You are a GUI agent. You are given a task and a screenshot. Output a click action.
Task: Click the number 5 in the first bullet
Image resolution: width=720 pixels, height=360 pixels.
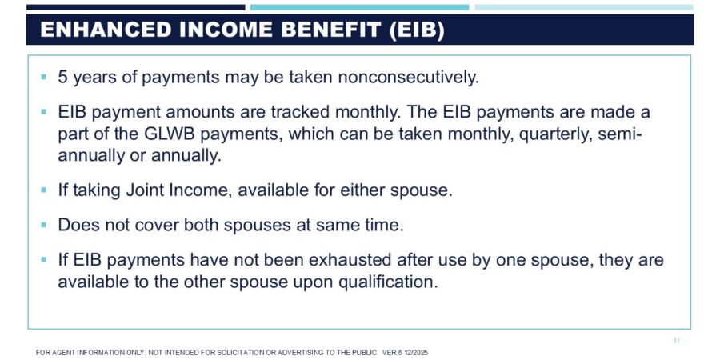[62, 77]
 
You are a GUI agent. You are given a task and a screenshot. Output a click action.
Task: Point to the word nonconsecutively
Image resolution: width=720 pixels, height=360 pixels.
[408, 78]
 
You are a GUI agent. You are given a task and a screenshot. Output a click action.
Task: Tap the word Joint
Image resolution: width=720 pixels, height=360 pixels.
[146, 190]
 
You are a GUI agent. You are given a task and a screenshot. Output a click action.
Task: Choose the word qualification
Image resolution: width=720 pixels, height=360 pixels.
[388, 282]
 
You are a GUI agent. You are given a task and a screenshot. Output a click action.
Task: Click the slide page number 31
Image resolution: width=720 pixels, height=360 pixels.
[676, 340]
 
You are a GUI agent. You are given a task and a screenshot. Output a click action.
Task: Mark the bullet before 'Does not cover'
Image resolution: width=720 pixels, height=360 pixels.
[44, 225]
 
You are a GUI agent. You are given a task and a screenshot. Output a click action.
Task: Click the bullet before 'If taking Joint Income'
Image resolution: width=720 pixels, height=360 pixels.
[44, 190]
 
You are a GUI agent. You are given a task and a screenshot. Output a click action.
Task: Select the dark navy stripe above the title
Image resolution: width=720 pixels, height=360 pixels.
[136, 7]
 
